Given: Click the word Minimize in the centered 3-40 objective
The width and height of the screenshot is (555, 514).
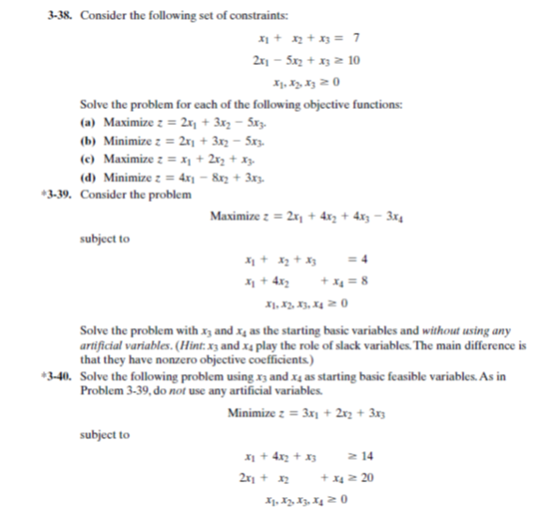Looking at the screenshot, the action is click(x=253, y=411).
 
